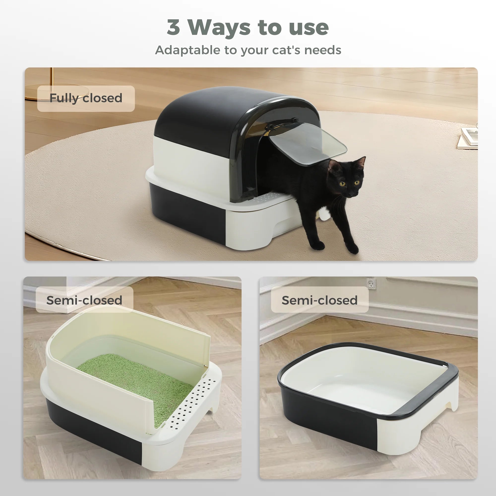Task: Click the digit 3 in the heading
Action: (173, 27)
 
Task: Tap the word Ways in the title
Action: (219, 28)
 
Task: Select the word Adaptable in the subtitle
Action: (187, 50)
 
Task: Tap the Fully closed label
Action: (86, 98)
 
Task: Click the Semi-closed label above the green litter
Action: (84, 300)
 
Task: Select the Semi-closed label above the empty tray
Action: (319, 300)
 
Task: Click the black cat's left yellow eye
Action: (342, 184)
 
